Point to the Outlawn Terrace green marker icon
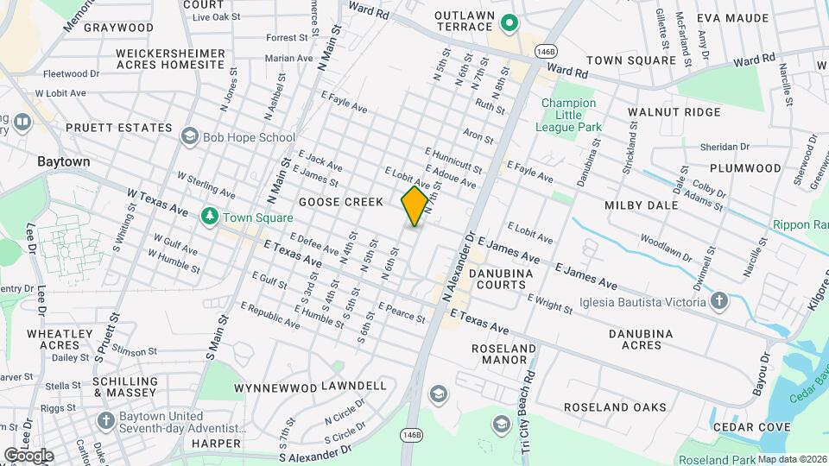coord(509,23)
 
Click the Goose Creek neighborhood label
coord(340,202)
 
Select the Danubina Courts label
coord(501,279)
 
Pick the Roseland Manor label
coord(505,354)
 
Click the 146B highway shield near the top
coord(545,52)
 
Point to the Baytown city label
coord(63,161)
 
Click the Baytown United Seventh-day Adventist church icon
coord(105,420)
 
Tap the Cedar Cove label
coord(750,427)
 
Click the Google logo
coord(28,455)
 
